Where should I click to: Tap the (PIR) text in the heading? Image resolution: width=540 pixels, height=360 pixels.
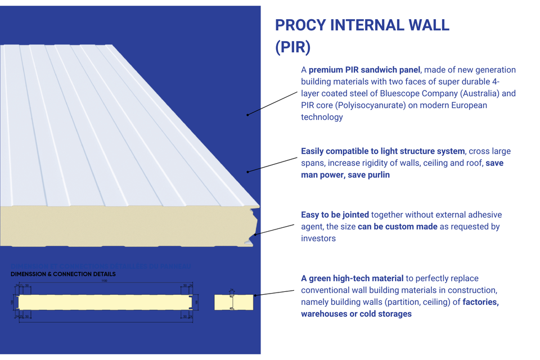tap(292, 47)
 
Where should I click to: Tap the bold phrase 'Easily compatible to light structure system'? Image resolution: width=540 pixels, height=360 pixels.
tap(383, 151)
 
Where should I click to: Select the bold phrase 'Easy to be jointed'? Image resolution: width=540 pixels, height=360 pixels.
tap(335, 215)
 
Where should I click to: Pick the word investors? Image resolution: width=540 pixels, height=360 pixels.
tap(318, 238)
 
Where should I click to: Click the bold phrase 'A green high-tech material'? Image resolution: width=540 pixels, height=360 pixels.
tap(352, 278)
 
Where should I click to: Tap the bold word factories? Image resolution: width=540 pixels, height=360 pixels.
tap(480, 302)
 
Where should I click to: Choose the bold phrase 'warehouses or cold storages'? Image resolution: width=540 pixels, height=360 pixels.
tap(356, 314)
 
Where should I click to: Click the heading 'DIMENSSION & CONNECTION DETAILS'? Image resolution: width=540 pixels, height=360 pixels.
tap(63, 274)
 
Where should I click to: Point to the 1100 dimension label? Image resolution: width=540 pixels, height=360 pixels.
tap(103, 282)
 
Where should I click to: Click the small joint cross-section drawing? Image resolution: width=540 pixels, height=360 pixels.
tap(232, 302)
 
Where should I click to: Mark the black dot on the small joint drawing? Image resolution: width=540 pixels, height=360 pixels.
tap(255, 295)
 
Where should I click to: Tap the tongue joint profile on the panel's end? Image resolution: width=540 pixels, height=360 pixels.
tap(251, 225)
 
